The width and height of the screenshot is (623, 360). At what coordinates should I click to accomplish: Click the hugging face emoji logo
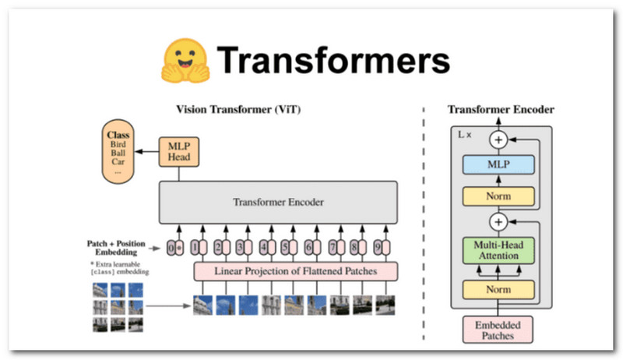(186, 61)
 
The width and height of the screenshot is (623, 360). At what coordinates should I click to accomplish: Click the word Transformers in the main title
(334, 61)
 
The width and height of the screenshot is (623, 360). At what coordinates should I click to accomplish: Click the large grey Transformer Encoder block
(278, 202)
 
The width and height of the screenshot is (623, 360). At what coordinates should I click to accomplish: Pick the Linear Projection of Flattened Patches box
(296, 270)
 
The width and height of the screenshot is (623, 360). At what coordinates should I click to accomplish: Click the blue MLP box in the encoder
(499, 164)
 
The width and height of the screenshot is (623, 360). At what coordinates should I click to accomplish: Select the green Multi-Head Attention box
(499, 249)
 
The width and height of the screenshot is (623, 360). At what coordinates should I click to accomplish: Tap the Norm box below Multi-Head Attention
(499, 290)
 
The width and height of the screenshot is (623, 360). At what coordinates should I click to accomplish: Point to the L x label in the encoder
(464, 134)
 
